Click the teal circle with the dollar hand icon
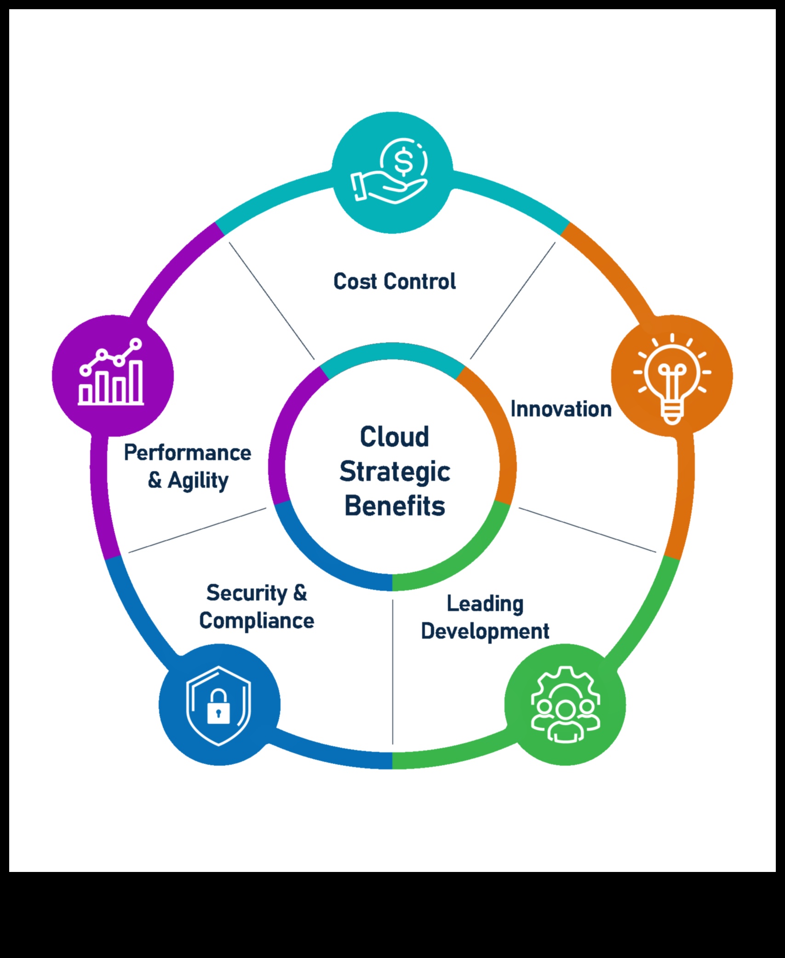(392, 173)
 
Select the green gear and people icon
(565, 704)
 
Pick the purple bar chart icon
(112, 375)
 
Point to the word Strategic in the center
(395, 472)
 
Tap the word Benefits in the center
(395, 506)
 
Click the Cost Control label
(394, 282)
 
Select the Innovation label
(561, 409)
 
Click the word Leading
(485, 604)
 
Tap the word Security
(246, 593)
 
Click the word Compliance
(257, 621)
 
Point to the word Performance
(188, 453)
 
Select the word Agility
(198, 481)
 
